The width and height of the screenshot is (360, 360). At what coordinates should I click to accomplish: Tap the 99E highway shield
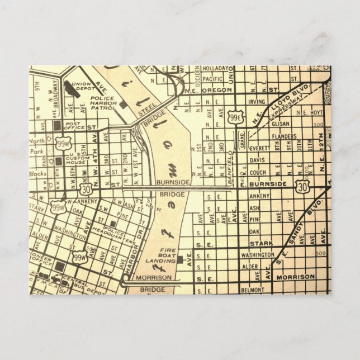[235, 117]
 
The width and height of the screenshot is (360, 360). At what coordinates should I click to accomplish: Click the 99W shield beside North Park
[64, 144]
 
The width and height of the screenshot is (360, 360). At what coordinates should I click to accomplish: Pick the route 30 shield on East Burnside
[302, 184]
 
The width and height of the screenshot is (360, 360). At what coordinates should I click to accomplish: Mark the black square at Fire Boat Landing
[181, 259]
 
